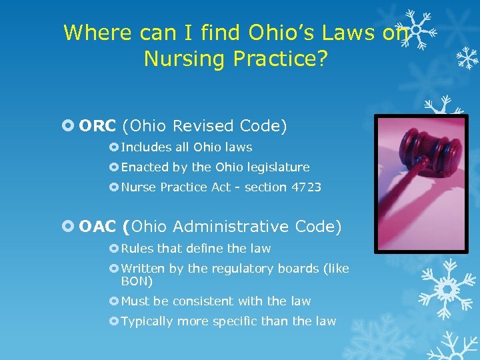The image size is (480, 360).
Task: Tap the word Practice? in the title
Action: pos(281,59)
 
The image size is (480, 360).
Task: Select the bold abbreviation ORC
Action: pos(97,126)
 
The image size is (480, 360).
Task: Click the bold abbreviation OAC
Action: pos(97,227)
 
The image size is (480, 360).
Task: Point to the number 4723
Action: pos(307,187)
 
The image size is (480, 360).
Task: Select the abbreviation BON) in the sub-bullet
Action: pos(137,281)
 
